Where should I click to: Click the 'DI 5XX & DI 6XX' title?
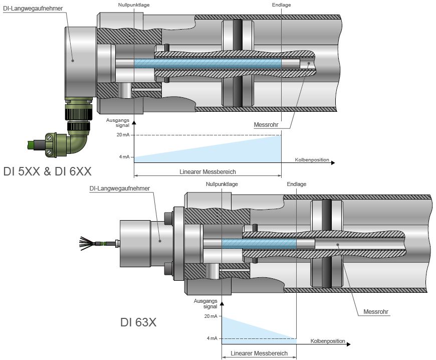(x=47, y=171)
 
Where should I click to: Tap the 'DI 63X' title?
(x=138, y=322)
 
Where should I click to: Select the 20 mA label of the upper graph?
(x=123, y=135)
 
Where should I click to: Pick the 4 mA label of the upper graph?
(x=124, y=157)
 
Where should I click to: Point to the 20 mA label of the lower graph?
(x=211, y=316)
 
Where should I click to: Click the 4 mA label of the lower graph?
(x=212, y=338)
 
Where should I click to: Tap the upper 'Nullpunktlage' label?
(x=134, y=5)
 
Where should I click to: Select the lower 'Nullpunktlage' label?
(x=222, y=184)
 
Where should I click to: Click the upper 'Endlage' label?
(x=282, y=5)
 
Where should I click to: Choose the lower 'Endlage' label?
(x=296, y=184)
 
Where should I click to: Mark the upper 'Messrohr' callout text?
(x=266, y=125)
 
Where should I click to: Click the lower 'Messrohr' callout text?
(x=376, y=312)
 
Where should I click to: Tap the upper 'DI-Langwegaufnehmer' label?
(x=33, y=9)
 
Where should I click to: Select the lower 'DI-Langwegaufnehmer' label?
(x=120, y=189)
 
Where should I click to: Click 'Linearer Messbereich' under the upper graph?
(x=207, y=172)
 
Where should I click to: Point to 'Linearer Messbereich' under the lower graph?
(x=259, y=353)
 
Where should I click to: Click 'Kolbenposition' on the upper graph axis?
(x=312, y=160)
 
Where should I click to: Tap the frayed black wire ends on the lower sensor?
(x=86, y=244)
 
